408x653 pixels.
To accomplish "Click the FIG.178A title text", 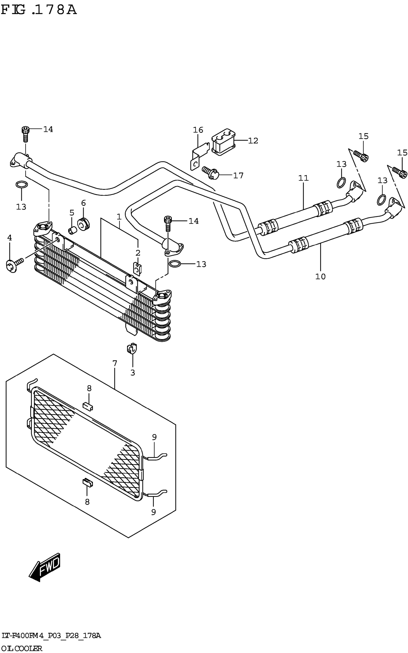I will coord(39,10).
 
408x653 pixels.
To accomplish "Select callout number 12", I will coord(253,141).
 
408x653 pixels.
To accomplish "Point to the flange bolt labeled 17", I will coord(211,172).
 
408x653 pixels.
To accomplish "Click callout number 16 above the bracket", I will coord(198,130).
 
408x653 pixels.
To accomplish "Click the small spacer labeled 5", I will coord(72,231).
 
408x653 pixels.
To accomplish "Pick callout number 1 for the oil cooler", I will coord(119,217).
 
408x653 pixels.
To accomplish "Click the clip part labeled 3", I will coord(132,348).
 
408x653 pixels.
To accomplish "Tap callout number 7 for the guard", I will coord(115,363).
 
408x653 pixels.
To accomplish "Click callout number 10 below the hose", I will coord(321,276).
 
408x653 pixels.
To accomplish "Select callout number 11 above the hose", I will coord(303,178).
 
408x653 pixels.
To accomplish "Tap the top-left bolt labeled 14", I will coord(25,133).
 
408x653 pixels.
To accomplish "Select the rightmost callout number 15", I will coord(402,153).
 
